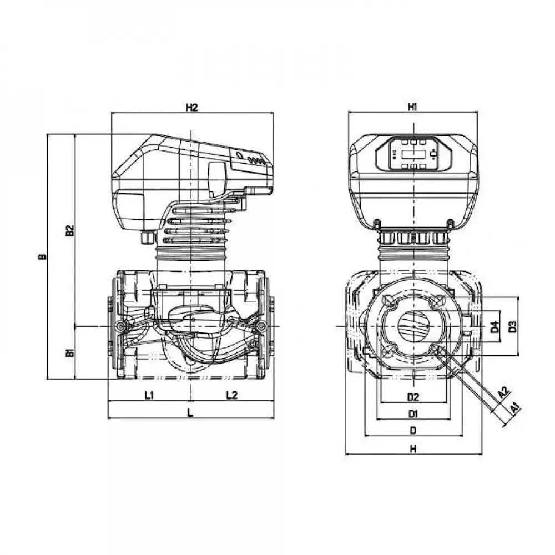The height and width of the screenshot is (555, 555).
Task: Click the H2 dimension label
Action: (191, 108)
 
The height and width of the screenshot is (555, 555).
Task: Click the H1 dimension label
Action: (412, 107)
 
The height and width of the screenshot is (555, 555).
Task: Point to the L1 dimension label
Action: (149, 395)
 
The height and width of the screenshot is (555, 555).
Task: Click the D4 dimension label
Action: (495, 327)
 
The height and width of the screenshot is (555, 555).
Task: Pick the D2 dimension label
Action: (412, 397)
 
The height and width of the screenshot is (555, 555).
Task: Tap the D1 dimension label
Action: (412, 413)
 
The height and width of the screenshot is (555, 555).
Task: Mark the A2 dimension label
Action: (503, 392)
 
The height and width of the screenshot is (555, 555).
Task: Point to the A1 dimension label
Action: (515, 408)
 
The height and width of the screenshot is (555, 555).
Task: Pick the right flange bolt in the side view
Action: (260, 326)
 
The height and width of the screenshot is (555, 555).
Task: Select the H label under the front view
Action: (412, 450)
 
